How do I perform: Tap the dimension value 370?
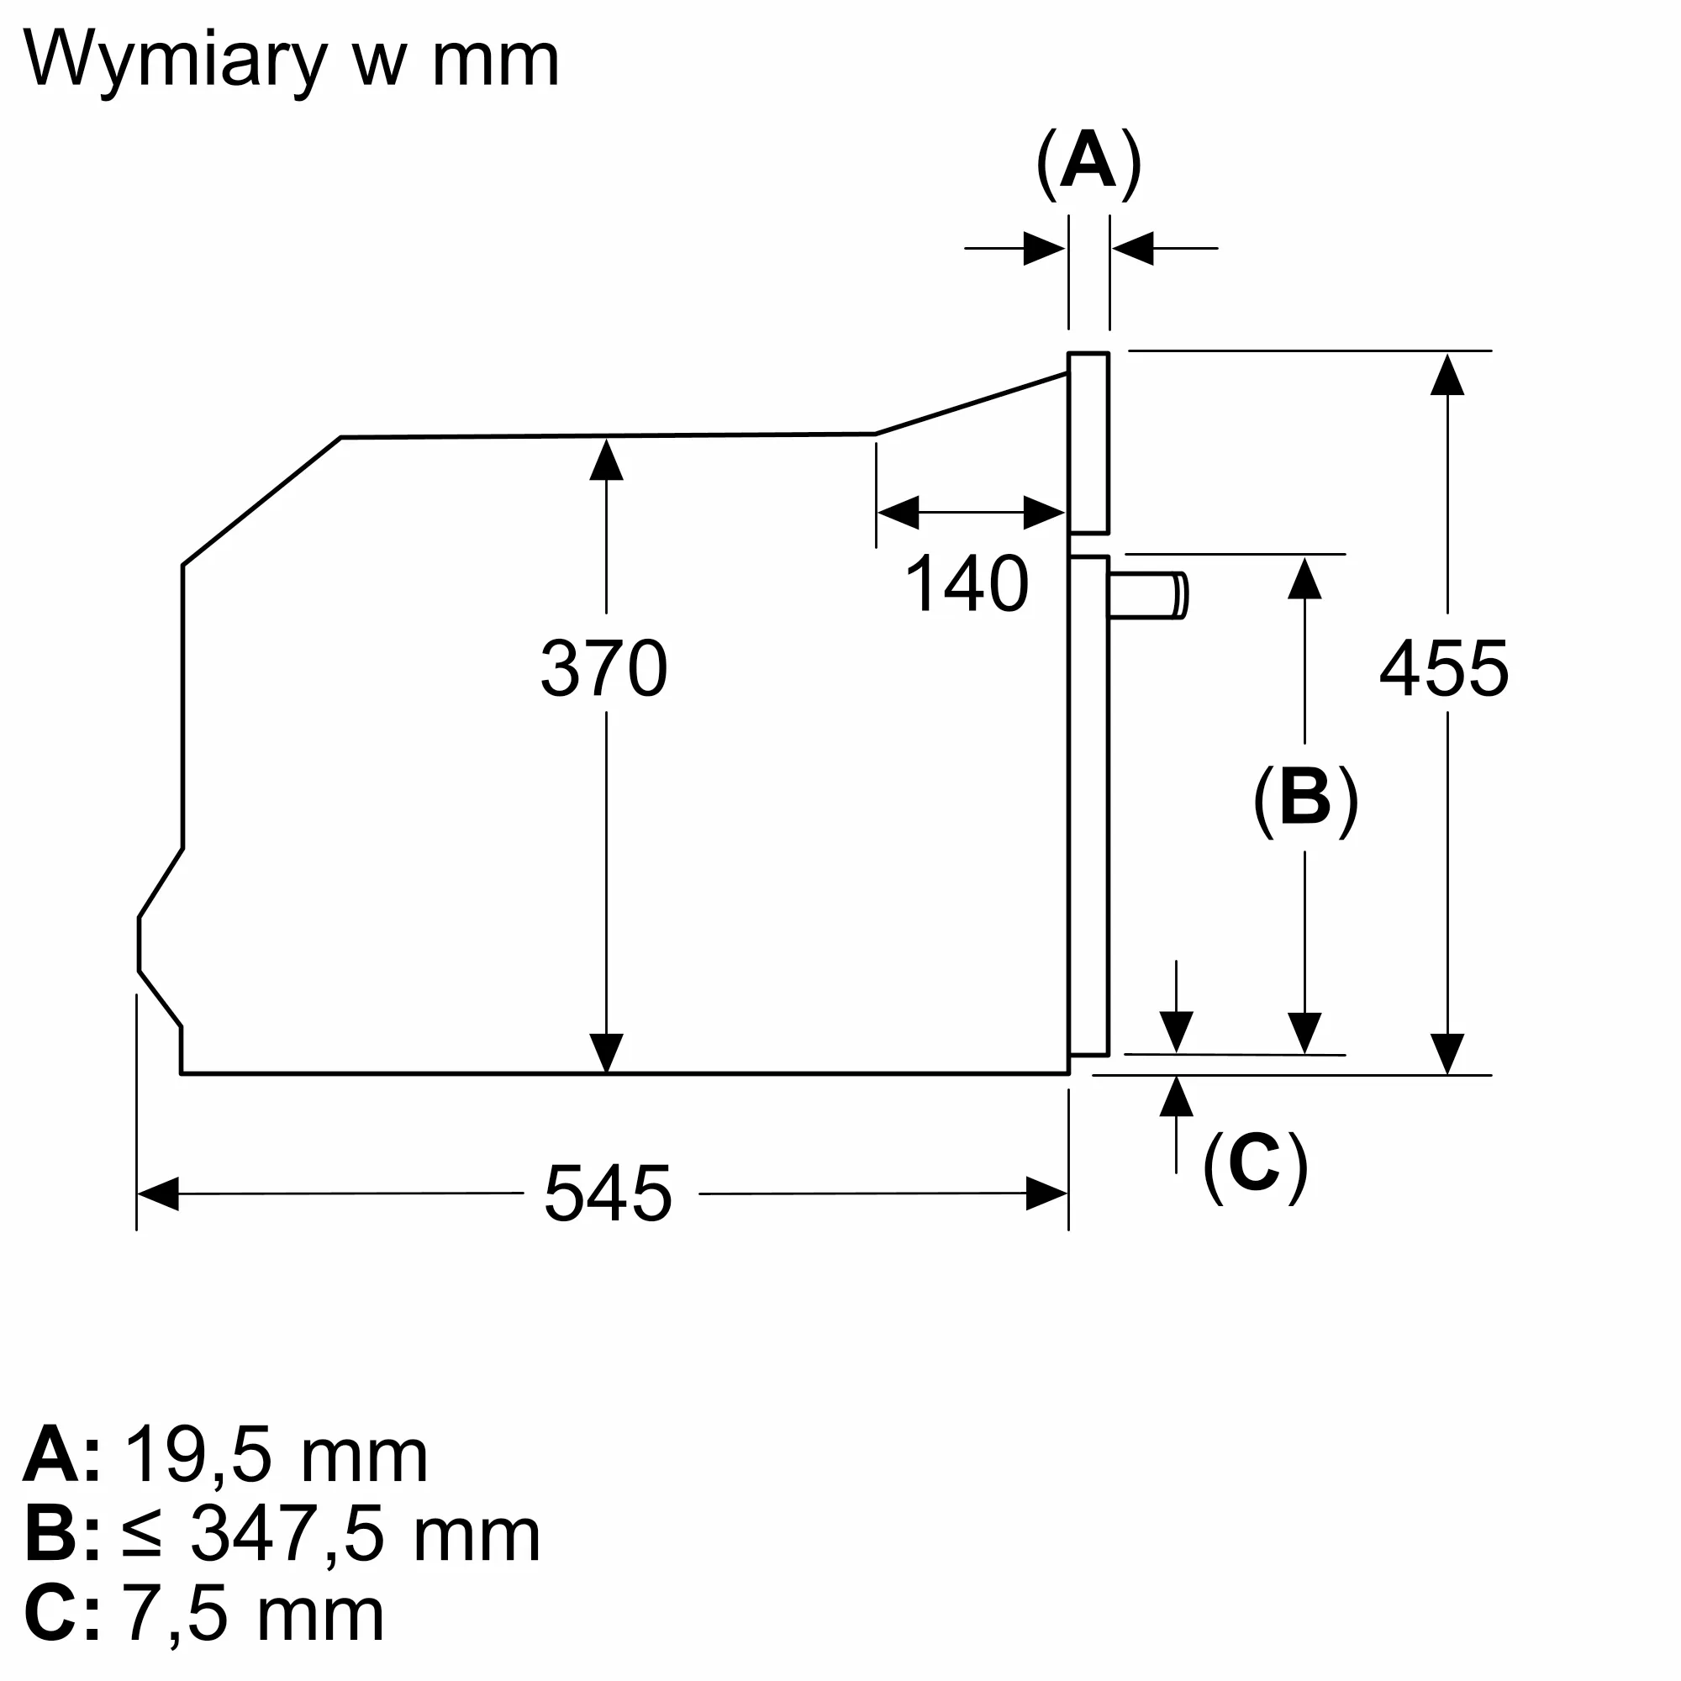tap(603, 668)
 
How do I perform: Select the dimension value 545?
tap(609, 1194)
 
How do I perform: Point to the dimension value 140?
tap(967, 584)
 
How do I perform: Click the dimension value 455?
tap(1444, 668)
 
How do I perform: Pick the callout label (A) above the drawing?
tap(1088, 164)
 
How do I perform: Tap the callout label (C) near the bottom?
tap(1255, 1166)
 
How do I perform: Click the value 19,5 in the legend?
tap(199, 1455)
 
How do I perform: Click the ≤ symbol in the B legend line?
tap(142, 1536)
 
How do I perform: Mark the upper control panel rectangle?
tap(1088, 443)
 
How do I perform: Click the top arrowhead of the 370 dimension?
tap(607, 460)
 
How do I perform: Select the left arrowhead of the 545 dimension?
tap(158, 1194)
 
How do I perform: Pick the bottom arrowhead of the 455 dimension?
tap(1447, 1054)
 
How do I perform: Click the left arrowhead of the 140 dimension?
tap(898, 513)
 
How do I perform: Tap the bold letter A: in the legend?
tap(61, 1455)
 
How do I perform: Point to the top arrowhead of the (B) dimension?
tap(1304, 578)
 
